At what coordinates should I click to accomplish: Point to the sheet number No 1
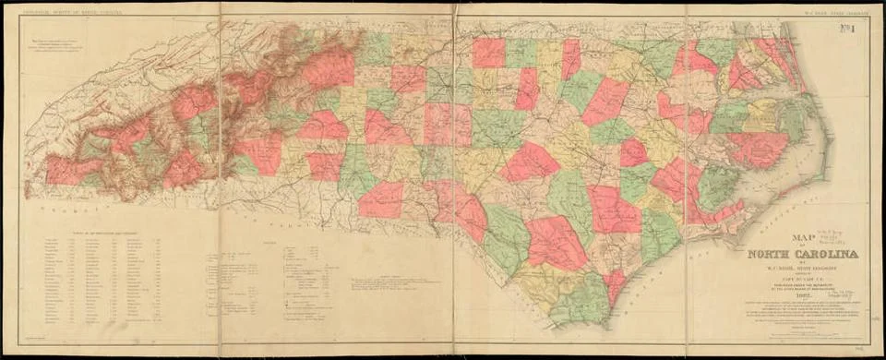(x=860, y=29)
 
